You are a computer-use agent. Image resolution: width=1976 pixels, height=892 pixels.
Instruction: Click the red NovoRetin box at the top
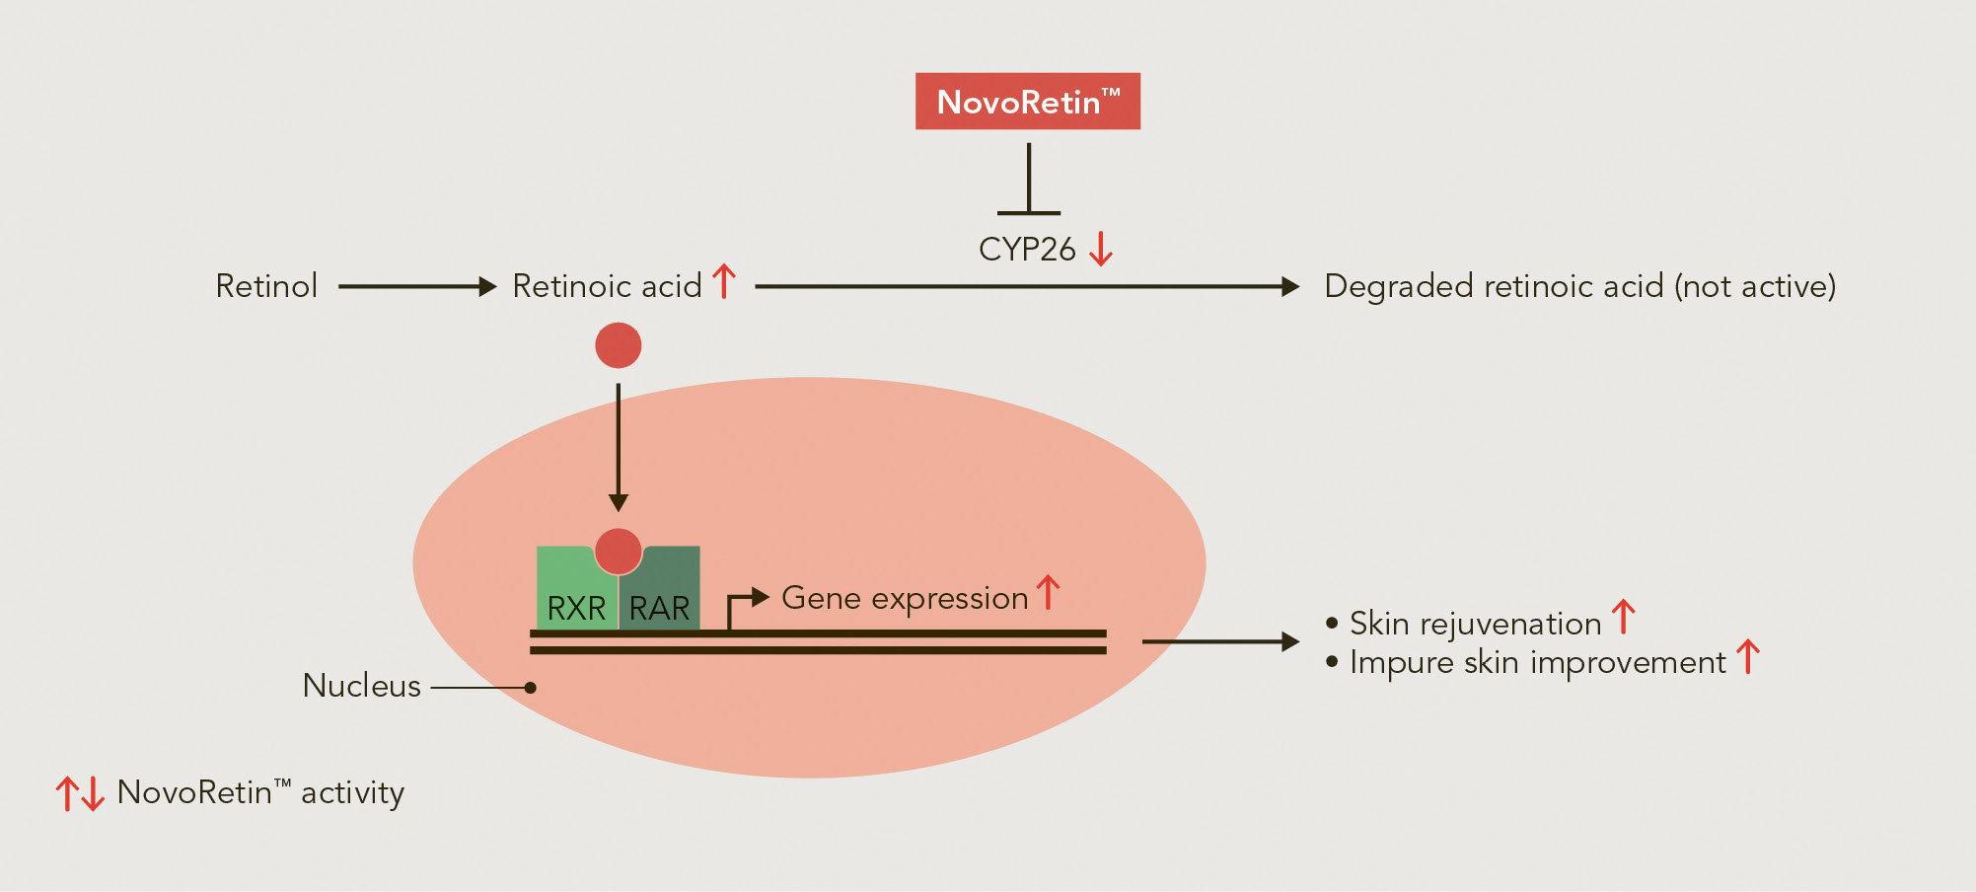click(x=1028, y=101)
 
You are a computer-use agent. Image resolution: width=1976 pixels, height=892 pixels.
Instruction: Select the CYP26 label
click(x=1027, y=250)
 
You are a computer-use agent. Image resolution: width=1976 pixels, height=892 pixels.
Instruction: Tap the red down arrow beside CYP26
click(x=1101, y=249)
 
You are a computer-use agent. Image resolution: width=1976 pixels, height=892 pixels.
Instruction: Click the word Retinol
click(x=266, y=286)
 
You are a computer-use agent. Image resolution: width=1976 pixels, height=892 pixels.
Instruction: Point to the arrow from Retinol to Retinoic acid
click(x=417, y=287)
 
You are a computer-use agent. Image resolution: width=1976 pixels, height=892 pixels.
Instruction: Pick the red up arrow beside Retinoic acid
click(x=724, y=281)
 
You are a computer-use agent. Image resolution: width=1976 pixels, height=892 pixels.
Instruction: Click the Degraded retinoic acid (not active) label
click(x=1580, y=286)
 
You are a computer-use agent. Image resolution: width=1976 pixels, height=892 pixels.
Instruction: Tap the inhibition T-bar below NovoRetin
click(x=1029, y=179)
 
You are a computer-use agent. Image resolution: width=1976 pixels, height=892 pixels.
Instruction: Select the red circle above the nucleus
click(x=619, y=345)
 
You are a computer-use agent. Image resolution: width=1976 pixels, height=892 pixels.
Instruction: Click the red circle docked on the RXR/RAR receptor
click(x=619, y=551)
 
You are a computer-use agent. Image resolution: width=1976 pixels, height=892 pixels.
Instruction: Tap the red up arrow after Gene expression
click(x=1048, y=593)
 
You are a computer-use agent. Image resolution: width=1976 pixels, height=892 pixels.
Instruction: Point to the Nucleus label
click(x=362, y=686)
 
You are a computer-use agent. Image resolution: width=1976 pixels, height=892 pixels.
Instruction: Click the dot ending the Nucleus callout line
click(x=531, y=688)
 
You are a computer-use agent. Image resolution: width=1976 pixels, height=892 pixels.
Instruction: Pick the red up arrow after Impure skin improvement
click(x=1748, y=657)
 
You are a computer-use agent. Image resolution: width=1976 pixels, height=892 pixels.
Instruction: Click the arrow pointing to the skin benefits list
click(x=1220, y=642)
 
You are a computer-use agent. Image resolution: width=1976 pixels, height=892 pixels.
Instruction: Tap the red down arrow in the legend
click(x=93, y=793)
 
